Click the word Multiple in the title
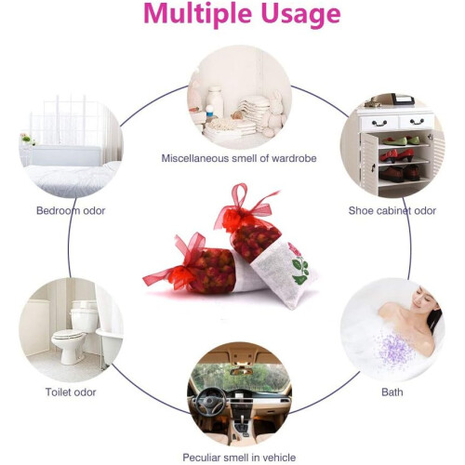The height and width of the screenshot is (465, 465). coord(197,14)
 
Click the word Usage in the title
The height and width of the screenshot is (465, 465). coord(301,15)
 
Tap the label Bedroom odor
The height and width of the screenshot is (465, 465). coord(71,211)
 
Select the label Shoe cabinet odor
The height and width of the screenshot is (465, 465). coord(392,211)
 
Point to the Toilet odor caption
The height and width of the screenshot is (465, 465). coord(71,392)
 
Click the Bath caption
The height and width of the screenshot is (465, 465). coord(392,392)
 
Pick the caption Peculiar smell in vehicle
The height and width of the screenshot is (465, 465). coord(239,458)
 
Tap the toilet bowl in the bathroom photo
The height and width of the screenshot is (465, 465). coord(68,342)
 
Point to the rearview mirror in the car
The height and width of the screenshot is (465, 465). coord(242,371)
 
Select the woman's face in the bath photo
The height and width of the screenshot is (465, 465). coord(421,298)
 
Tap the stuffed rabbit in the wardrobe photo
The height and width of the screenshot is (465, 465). coord(274,113)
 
